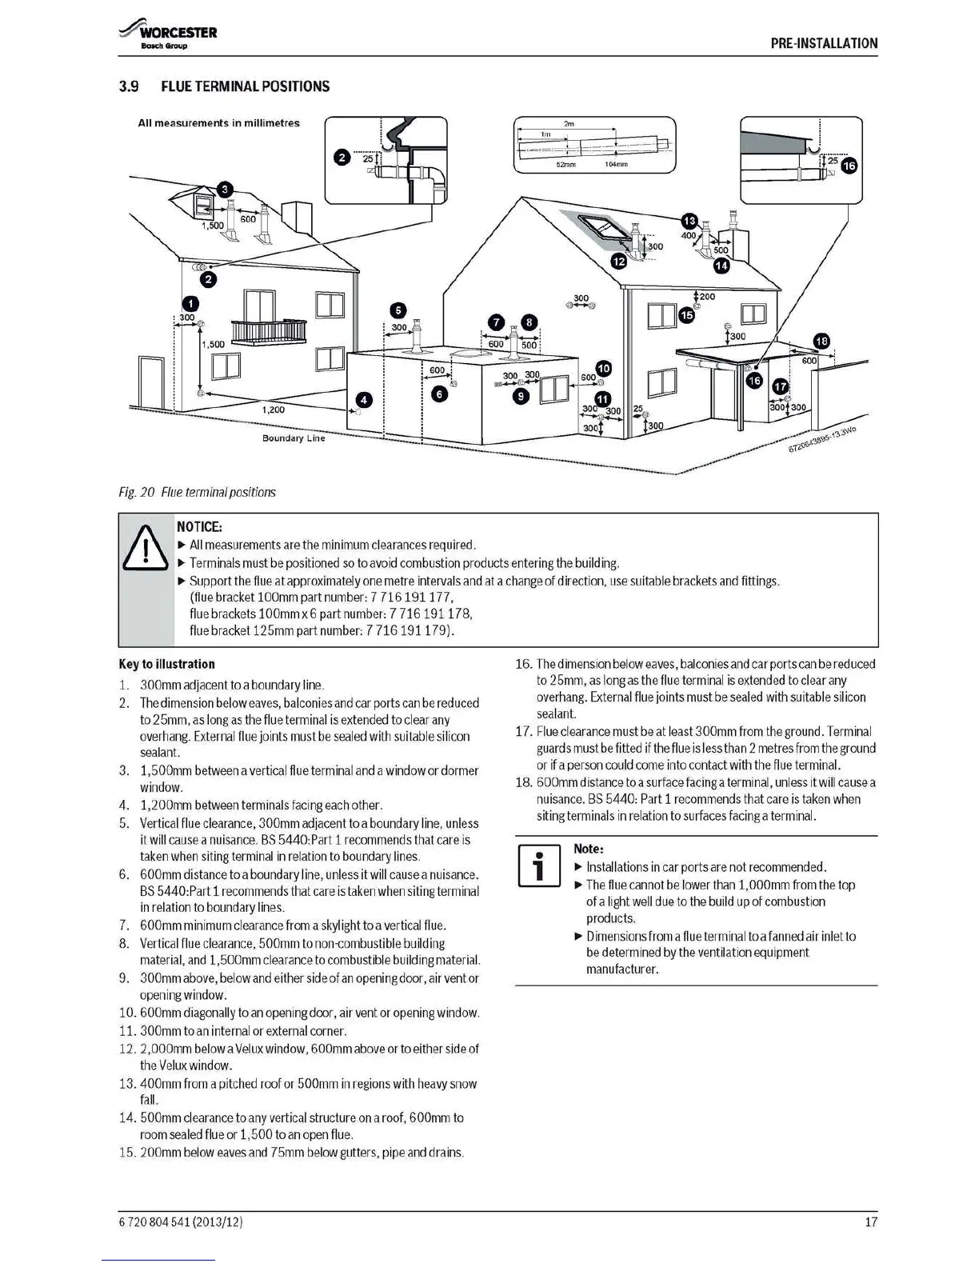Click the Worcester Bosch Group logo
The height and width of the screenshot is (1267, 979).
click(168, 37)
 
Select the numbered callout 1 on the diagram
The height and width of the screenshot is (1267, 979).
click(190, 303)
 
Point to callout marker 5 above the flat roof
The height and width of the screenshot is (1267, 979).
click(398, 311)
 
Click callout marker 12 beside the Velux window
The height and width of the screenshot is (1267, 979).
click(619, 261)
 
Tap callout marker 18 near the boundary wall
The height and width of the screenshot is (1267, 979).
click(821, 342)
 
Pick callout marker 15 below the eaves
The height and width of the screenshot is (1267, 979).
click(686, 315)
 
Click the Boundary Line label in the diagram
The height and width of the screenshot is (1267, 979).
click(294, 438)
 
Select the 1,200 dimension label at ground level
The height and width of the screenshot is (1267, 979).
click(274, 410)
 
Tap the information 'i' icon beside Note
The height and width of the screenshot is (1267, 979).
click(540, 865)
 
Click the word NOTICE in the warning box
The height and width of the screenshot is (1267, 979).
click(199, 526)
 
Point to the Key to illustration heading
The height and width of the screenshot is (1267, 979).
click(166, 664)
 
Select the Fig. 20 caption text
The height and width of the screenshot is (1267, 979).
click(197, 492)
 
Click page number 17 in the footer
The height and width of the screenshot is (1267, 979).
click(871, 1221)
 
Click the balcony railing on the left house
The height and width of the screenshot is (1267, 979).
click(269, 330)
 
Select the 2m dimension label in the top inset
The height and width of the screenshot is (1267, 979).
click(569, 124)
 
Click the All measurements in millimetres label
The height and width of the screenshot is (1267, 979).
click(218, 123)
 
